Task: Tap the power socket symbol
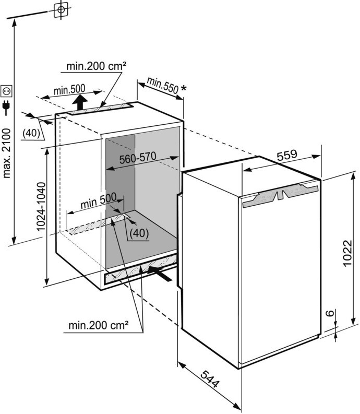pyautogui.click(x=7, y=91)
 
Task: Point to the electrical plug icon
pyautogui.click(x=7, y=108)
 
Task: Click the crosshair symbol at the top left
pyautogui.click(x=62, y=9)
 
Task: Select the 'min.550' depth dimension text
pyautogui.click(x=162, y=85)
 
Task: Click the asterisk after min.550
pyautogui.click(x=183, y=89)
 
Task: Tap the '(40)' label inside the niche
pyautogui.click(x=138, y=233)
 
